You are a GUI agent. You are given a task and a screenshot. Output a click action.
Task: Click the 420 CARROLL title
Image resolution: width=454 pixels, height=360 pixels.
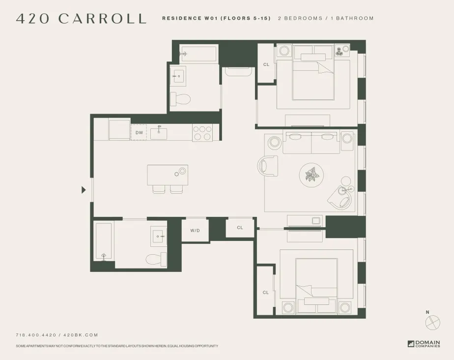click(81, 19)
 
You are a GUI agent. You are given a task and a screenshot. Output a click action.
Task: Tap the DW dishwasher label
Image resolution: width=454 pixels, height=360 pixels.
click(139, 133)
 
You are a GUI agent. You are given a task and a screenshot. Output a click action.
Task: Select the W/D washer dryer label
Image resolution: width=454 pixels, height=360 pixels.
click(195, 230)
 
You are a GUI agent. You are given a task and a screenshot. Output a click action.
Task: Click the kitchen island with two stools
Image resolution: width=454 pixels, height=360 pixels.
click(167, 175)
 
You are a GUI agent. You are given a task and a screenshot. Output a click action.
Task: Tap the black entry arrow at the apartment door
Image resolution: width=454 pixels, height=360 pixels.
click(84, 190)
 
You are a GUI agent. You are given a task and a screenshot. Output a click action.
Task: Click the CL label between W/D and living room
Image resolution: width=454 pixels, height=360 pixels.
click(240, 228)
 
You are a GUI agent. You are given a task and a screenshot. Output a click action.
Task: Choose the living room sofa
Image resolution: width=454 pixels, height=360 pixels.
click(311, 143)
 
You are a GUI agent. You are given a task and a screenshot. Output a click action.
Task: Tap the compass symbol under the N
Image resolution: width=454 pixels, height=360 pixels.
click(433, 322)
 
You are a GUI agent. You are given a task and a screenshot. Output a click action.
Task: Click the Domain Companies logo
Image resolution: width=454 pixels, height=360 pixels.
click(424, 344)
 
